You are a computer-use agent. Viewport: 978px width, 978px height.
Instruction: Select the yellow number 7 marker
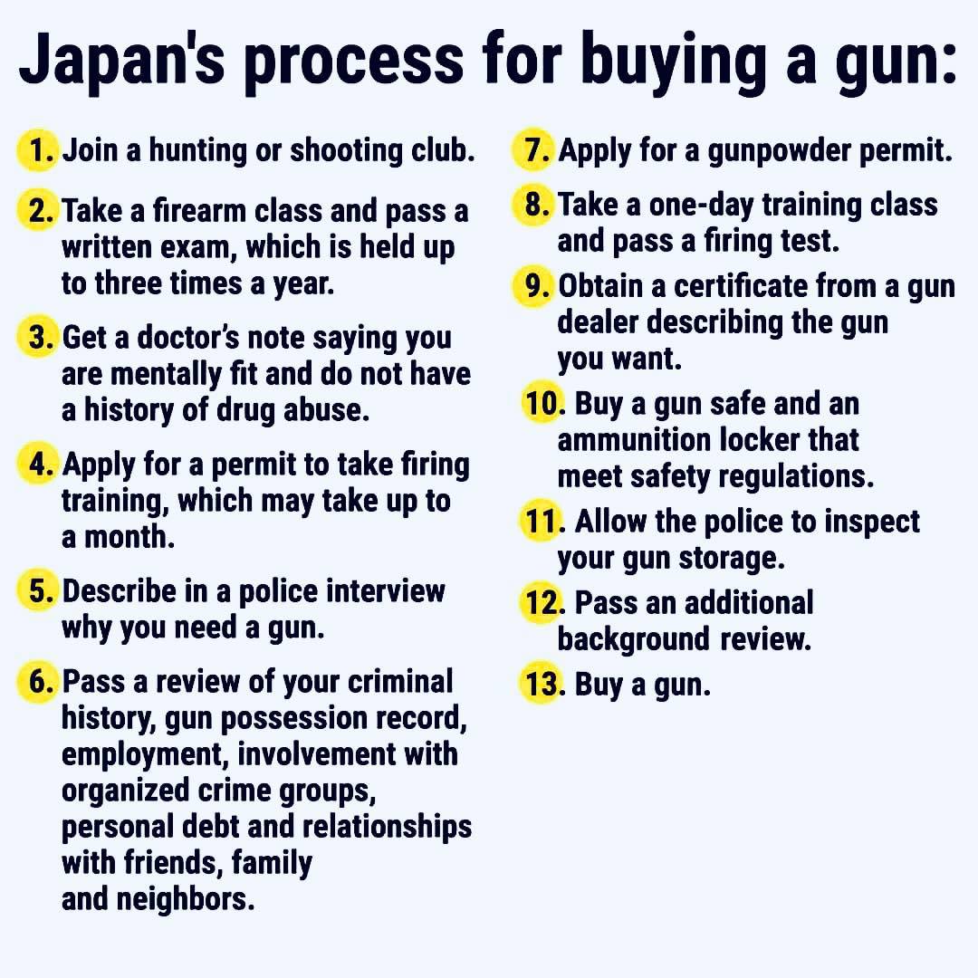click(534, 150)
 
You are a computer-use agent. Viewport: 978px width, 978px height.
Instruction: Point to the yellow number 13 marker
click(540, 685)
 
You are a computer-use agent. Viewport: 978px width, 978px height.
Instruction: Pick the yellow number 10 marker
click(541, 404)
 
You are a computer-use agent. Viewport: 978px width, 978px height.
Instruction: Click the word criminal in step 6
click(393, 682)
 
